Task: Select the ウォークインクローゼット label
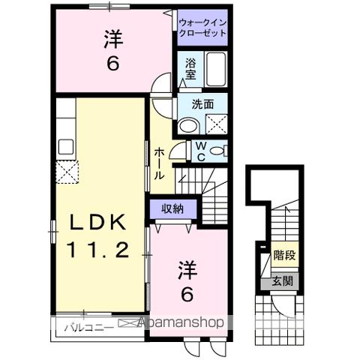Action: coord(202,28)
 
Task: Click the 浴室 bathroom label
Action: coord(187,68)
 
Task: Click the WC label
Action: coord(202,151)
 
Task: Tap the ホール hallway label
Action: coord(160,163)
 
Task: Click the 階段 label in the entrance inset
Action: coord(283,256)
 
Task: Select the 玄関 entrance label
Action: coord(283,281)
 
